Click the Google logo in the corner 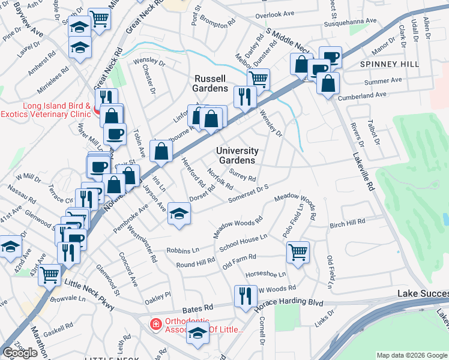[x=20, y=353]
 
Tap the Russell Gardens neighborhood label [x=210, y=83]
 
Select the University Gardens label [x=237, y=155]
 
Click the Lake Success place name [x=423, y=293]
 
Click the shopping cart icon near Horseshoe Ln [x=298, y=252]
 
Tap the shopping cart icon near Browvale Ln [x=50, y=274]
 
